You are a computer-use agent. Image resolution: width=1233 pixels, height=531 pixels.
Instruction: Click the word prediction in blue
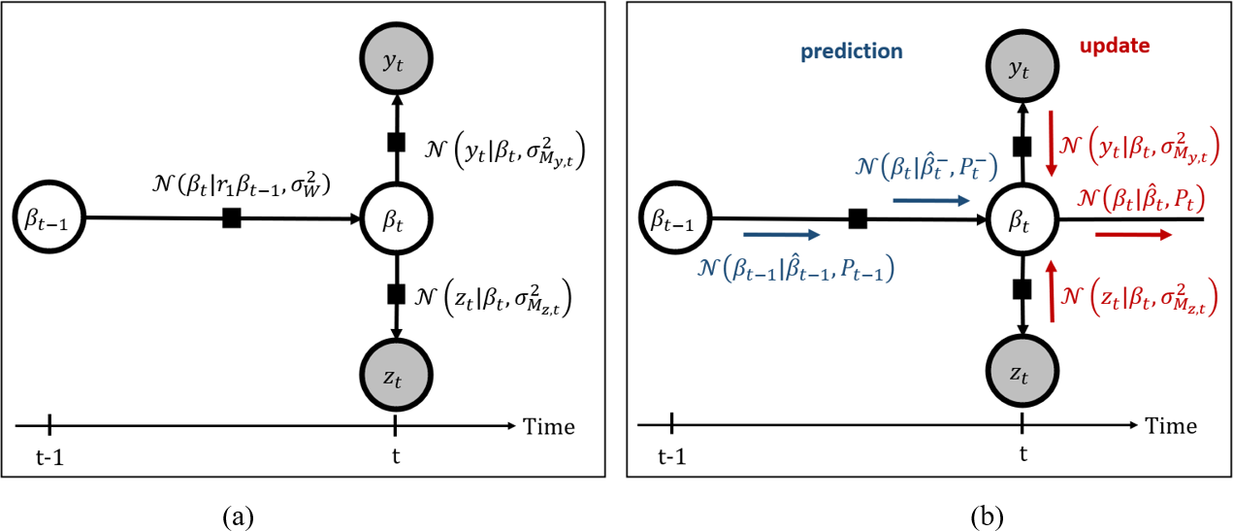click(852, 51)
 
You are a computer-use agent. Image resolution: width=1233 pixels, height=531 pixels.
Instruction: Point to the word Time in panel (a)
click(548, 426)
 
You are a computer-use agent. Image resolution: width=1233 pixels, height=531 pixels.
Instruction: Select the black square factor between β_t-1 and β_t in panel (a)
click(231, 218)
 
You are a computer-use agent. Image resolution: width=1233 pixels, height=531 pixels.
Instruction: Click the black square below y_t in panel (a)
click(395, 142)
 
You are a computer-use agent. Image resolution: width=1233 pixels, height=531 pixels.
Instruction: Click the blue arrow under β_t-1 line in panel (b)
click(781, 234)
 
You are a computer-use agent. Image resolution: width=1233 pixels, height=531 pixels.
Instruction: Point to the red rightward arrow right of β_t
click(1131, 234)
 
